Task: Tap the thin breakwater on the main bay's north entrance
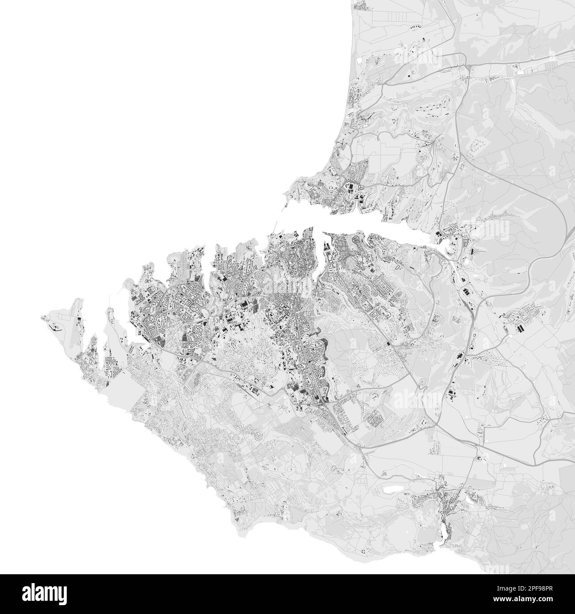pos(287,206)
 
